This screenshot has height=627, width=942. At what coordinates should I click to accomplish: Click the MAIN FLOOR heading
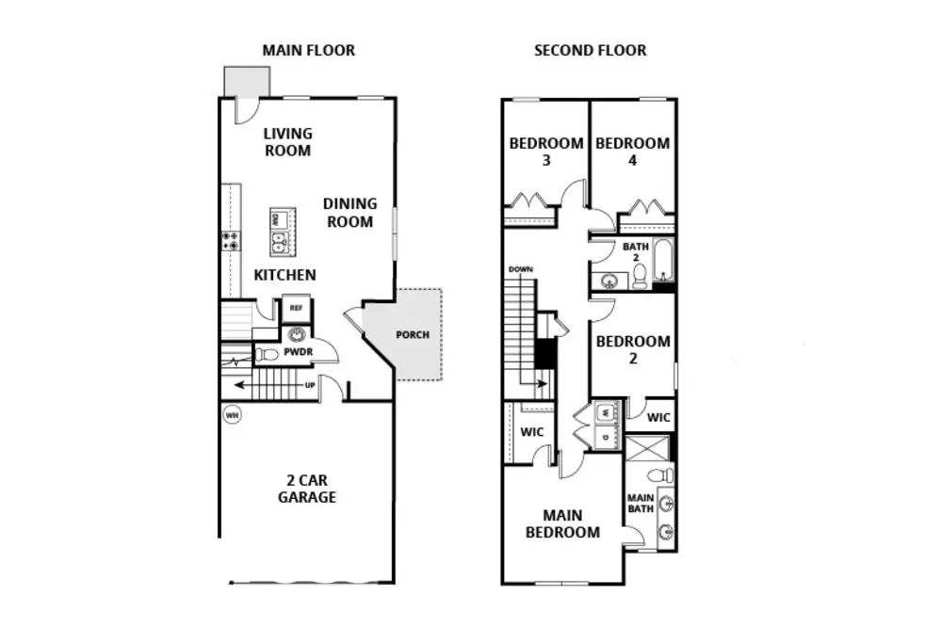(x=308, y=51)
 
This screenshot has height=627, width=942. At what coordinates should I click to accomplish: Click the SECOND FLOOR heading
(x=590, y=51)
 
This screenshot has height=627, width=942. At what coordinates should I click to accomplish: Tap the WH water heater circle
(x=232, y=414)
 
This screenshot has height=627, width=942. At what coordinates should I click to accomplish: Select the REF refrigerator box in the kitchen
(x=296, y=308)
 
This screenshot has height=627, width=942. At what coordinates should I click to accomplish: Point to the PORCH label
(x=413, y=334)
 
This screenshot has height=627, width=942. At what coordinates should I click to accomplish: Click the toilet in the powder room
(x=267, y=354)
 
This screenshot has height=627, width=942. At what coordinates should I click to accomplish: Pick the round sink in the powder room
(x=297, y=334)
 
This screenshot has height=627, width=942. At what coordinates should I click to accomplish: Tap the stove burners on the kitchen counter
(x=231, y=241)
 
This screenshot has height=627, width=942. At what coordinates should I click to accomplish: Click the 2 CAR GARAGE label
(x=306, y=489)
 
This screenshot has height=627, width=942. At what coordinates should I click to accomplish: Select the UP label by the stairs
(x=310, y=385)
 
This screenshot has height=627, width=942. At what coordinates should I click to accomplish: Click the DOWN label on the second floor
(x=520, y=269)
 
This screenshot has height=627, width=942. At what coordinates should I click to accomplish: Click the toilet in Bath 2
(x=640, y=277)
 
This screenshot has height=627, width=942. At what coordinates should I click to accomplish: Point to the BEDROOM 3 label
(x=546, y=152)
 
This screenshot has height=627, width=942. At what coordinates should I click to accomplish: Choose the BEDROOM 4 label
(x=633, y=152)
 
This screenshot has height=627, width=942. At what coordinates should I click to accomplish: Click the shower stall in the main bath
(x=647, y=449)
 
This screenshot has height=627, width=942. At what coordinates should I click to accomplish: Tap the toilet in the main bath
(x=660, y=475)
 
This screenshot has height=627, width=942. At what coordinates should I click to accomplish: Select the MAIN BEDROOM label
(x=562, y=523)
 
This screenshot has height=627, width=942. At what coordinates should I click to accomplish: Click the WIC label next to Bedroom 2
(x=658, y=417)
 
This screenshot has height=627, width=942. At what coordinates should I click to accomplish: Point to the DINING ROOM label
(x=349, y=213)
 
